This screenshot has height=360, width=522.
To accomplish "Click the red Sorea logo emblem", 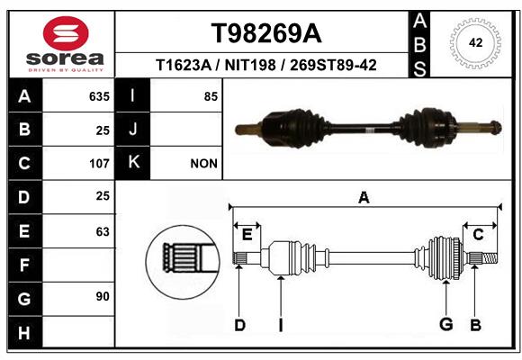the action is [66, 33].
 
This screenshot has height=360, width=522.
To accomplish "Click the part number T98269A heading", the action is [266, 33].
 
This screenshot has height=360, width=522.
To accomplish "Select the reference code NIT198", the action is [250, 65].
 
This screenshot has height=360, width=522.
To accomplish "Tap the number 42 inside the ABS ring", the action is [475, 42].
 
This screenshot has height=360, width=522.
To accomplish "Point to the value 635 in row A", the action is [99, 96].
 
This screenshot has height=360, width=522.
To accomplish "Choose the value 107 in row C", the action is [99, 164].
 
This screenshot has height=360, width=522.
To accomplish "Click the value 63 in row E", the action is [103, 231].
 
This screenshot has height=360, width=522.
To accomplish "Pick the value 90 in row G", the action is [103, 296].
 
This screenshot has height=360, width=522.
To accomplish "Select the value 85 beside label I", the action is [211, 96].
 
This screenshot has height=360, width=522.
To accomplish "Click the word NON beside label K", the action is [203, 164].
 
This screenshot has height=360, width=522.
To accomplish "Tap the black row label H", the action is [25, 332].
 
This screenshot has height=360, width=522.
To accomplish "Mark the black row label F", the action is [25, 265].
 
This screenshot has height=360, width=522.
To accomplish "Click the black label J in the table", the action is [132, 130].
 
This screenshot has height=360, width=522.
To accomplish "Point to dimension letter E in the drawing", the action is [247, 235].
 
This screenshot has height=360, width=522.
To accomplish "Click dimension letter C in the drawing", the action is [478, 235].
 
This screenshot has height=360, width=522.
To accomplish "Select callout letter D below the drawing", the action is [239, 325].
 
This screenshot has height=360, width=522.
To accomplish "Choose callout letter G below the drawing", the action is [446, 324].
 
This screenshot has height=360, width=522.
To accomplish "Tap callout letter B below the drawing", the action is [475, 325].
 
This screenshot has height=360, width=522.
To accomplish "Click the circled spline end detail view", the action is [183, 262].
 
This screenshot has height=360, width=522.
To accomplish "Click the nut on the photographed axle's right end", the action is [496, 128].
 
